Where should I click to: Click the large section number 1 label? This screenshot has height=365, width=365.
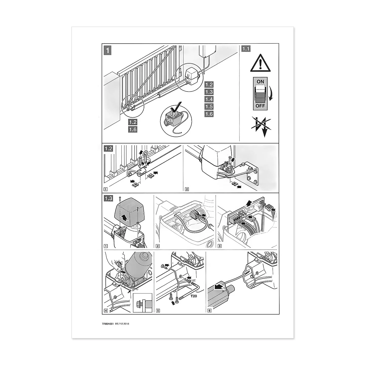[107, 50]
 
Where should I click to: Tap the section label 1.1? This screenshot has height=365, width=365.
[246, 49]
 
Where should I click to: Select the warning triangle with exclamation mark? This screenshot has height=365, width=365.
[260, 63]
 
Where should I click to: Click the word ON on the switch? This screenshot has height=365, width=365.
[260, 82]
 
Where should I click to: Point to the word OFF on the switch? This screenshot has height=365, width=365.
[260, 106]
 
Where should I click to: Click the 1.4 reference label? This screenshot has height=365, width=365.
[209, 99]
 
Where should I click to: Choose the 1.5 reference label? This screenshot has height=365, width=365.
[209, 106]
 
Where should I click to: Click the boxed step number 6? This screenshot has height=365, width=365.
[209, 310]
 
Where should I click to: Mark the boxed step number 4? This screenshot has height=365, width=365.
[106, 310]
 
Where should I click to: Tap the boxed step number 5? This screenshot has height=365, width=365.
[158, 310]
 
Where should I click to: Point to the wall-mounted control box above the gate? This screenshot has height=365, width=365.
[207, 51]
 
